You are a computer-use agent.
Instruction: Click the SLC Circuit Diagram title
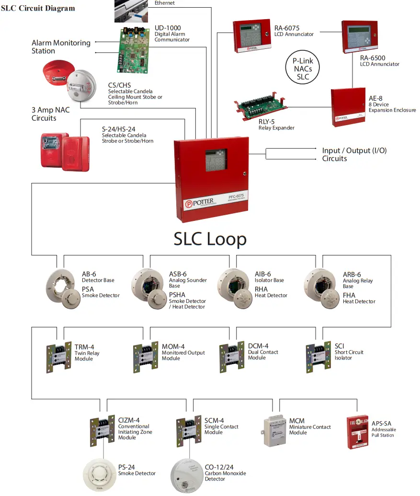coord(38,8)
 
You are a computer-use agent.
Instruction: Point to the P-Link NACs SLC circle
coord(303,69)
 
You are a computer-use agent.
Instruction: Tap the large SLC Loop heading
coord(210,239)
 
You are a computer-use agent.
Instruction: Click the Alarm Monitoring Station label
coord(61,46)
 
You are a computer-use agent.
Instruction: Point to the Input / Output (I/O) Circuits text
coord(354,154)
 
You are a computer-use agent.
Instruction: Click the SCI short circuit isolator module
coord(318,357)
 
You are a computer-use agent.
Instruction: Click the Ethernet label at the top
coord(165,3)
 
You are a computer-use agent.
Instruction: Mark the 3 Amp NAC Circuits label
coord(50,114)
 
